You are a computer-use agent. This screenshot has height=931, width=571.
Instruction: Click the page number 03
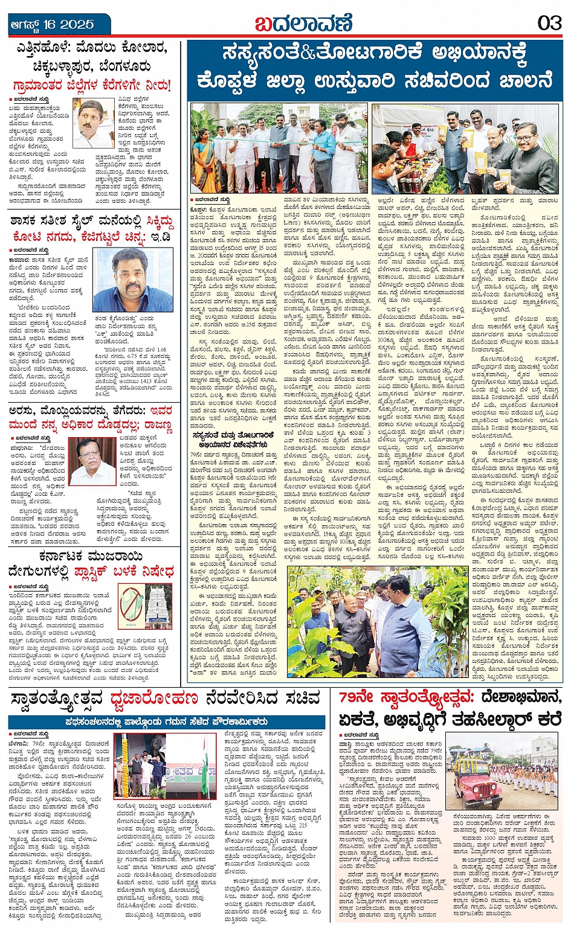tap(549, 24)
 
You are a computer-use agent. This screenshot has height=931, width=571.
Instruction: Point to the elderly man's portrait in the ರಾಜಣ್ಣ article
tap(92, 461)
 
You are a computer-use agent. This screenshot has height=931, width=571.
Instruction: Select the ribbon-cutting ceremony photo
tap(279, 148)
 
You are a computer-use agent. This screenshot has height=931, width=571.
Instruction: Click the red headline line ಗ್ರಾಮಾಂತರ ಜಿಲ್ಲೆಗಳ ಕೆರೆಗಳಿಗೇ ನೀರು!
tap(92, 85)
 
